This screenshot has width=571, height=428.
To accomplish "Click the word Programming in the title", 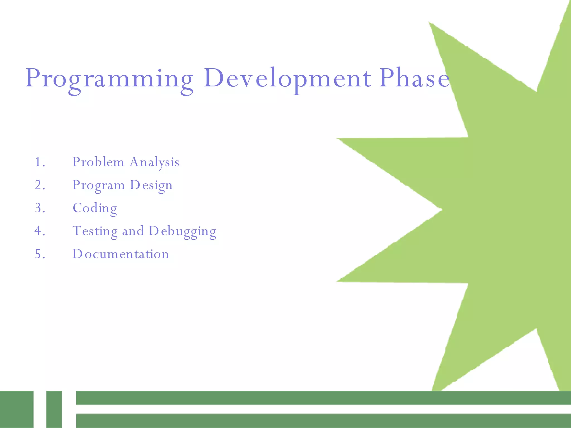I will tap(109, 79).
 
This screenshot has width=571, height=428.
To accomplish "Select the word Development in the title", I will tap(287, 79).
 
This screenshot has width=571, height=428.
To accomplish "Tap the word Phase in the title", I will tap(414, 79).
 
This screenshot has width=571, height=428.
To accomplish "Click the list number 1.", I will tap(40, 162).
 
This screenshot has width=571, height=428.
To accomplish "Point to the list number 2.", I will tap(40, 185).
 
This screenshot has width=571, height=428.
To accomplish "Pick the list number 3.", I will tap(40, 208).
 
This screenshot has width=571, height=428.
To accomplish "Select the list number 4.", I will tap(40, 231).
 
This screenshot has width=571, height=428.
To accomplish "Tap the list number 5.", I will tap(40, 254).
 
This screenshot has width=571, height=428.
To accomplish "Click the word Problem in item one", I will tap(98, 162).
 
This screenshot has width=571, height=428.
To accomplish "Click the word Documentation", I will tap(120, 254).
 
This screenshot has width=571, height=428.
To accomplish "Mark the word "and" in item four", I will tap(133, 231).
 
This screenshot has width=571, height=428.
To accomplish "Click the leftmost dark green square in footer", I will tap(16, 409).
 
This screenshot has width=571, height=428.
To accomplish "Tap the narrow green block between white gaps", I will tap(54, 409).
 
